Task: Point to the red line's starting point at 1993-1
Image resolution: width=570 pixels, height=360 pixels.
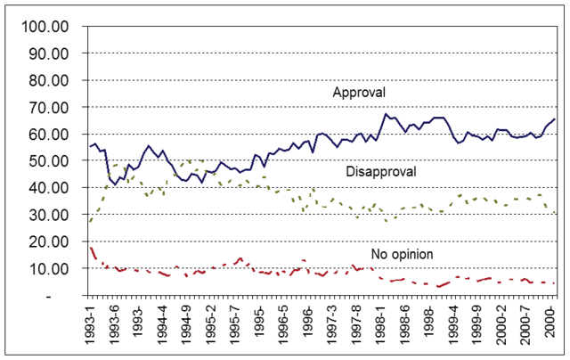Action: (x=90, y=247)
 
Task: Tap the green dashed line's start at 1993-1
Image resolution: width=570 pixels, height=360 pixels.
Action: (x=90, y=221)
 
